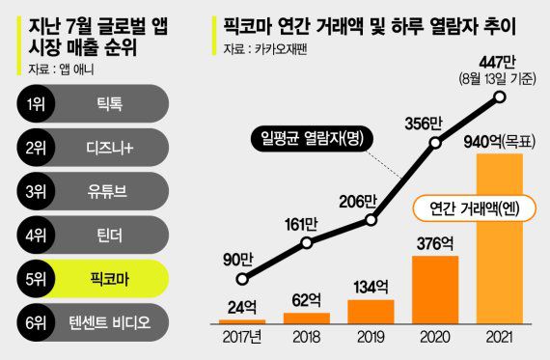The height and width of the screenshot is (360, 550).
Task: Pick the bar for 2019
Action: tap(371, 310)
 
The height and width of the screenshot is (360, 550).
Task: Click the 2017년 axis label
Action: tap(243, 339)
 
